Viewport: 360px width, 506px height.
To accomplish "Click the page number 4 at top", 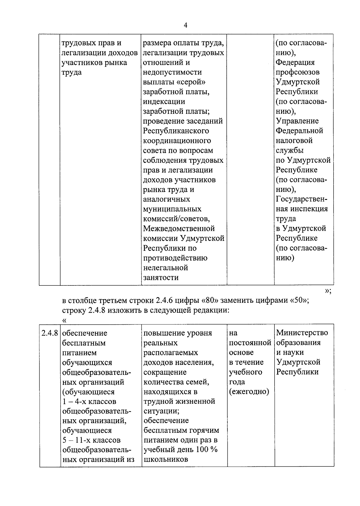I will point(185,26).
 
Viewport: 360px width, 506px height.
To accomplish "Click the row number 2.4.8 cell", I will point(49,333).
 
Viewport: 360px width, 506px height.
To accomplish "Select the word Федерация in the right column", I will point(295,62).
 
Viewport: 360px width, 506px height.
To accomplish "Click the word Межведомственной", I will point(179,229).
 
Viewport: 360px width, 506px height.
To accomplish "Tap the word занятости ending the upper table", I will point(161,278).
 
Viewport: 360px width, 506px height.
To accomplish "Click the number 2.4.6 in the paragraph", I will point(164,300).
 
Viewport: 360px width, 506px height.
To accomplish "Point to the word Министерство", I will point(302,333).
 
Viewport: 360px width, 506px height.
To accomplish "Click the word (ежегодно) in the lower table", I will point(249,392).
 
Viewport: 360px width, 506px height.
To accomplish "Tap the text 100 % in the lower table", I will point(207,450).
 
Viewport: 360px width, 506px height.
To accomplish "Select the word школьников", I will point(166,459).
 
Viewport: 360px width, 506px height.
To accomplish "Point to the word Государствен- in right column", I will point(301,199).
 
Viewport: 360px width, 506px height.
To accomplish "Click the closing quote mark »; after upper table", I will point(328,291).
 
